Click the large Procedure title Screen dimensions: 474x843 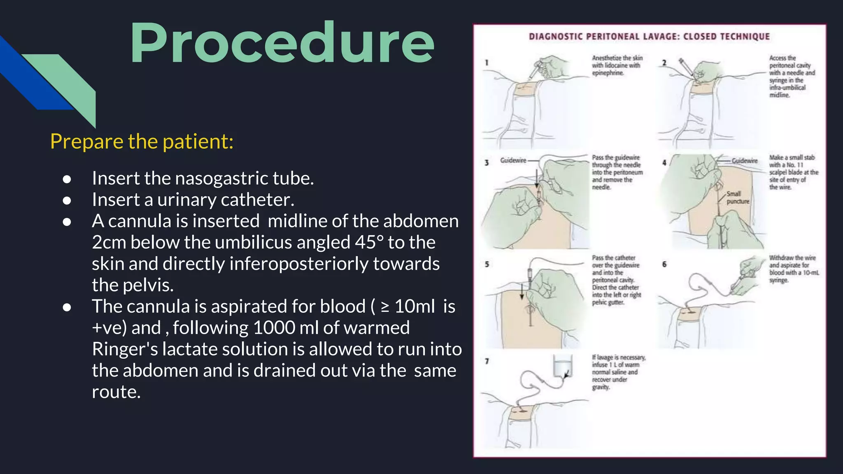tap(282, 44)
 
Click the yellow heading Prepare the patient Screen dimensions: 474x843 tap(142, 142)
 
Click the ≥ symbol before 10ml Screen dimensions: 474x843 tap(385, 307)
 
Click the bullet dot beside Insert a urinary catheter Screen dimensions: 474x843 tap(67, 201)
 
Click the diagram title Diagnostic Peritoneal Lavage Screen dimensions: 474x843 tap(649, 37)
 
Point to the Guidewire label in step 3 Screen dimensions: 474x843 tap(513, 160)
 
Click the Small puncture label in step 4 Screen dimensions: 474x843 tap(738, 197)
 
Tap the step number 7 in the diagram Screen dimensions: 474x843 tap(487, 361)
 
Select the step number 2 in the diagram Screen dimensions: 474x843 tap(664, 63)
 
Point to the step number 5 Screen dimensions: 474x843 tap(487, 264)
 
